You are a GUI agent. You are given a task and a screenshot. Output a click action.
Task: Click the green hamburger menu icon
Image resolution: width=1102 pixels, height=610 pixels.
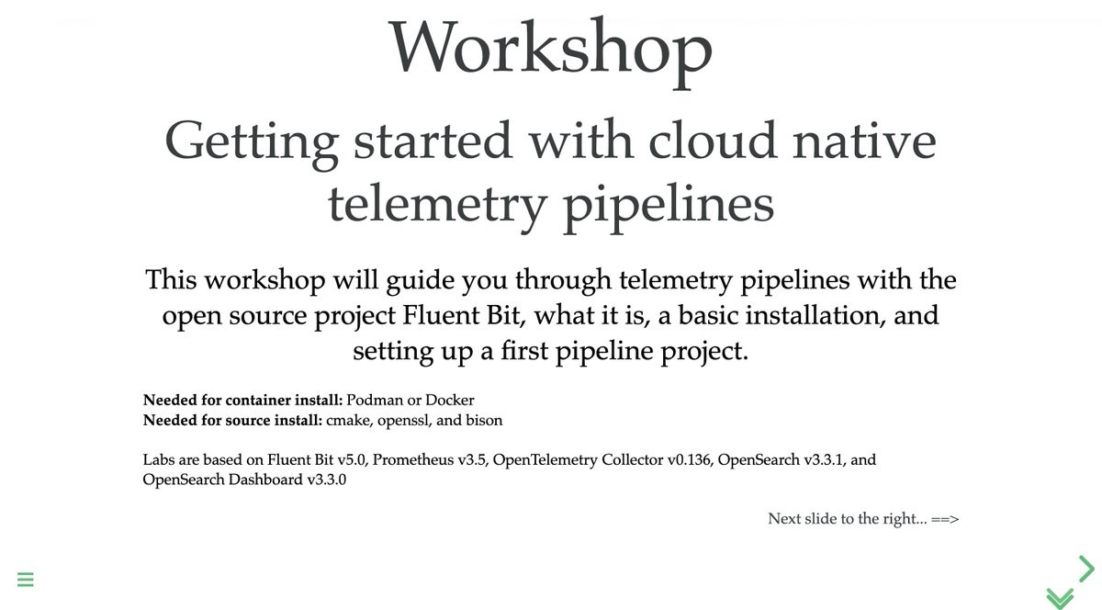coord(25,580)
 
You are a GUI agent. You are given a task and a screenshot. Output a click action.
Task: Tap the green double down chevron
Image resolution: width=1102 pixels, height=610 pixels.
coord(1059,597)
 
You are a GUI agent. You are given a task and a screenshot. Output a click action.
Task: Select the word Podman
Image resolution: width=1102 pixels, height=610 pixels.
coord(374,401)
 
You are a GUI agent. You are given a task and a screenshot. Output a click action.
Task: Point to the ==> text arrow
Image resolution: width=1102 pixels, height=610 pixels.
coord(945,519)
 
